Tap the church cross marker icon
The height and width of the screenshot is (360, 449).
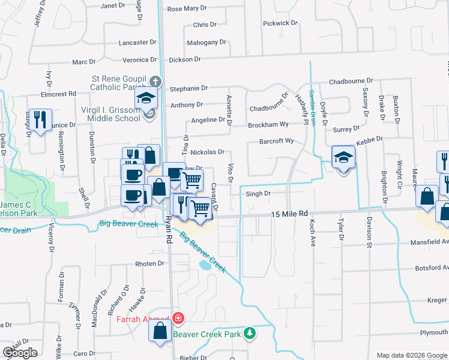click(x=155, y=81)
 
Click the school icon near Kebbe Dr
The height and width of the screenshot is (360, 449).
click(x=343, y=158)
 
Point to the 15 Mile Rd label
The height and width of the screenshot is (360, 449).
click(x=289, y=214)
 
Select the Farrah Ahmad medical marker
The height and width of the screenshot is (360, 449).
click(x=178, y=317)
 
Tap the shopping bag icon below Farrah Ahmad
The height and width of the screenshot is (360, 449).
click(x=160, y=332)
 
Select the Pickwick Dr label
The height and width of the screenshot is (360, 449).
click(x=280, y=23)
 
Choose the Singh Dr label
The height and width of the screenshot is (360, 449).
click(x=258, y=194)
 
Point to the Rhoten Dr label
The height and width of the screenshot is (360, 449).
click(x=149, y=264)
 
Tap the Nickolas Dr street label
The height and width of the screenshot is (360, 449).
click(x=207, y=152)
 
